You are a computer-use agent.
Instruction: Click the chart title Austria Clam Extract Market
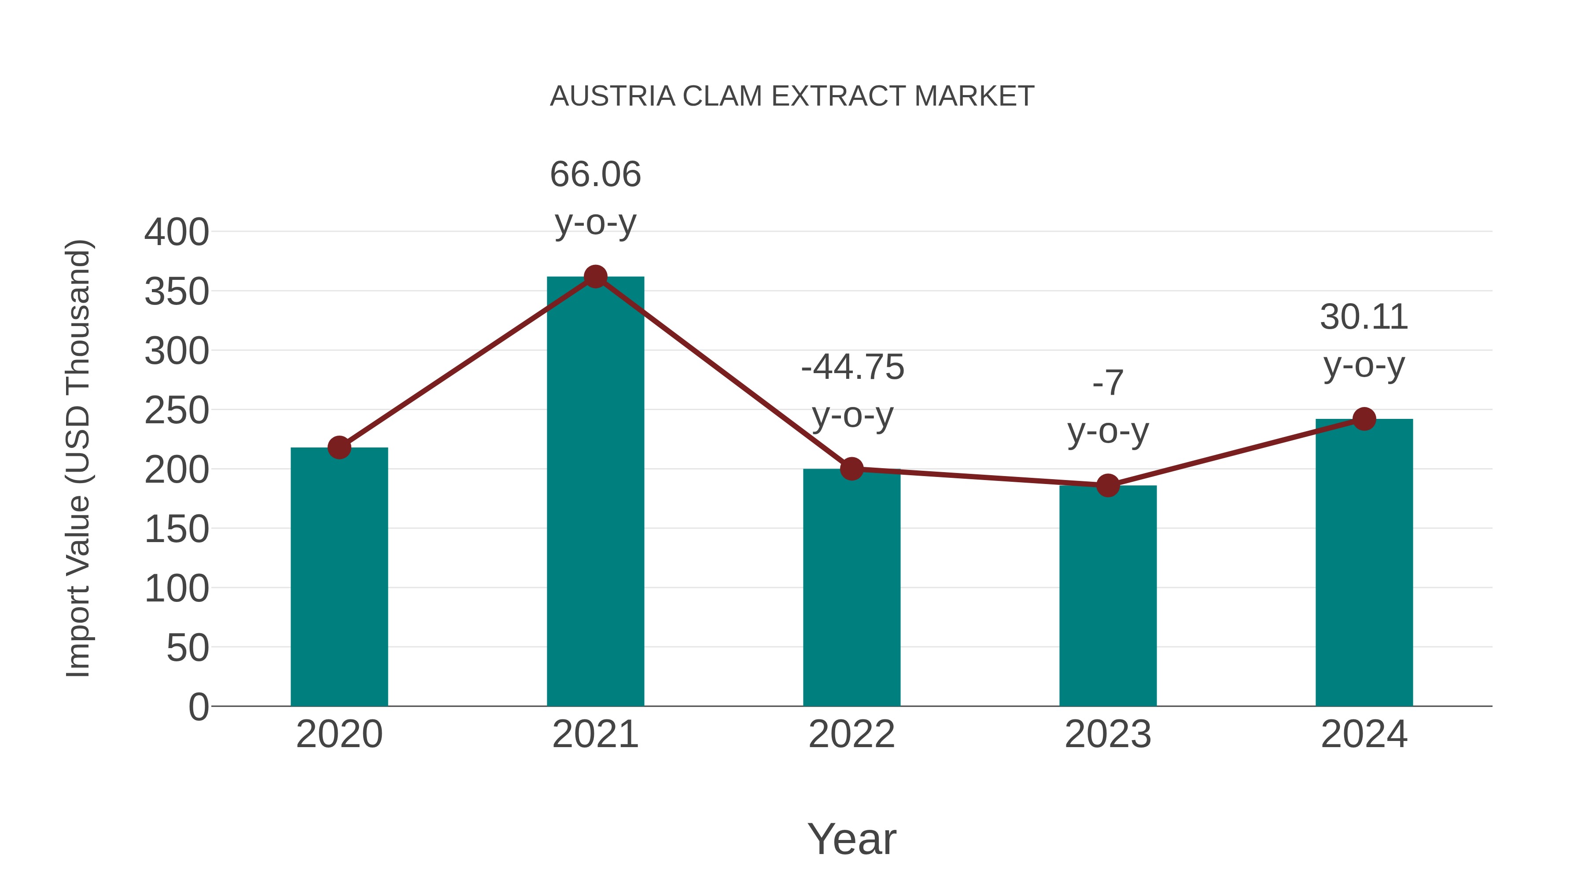pyautogui.click(x=791, y=96)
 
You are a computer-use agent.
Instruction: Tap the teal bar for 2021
pyautogui.click(x=595, y=492)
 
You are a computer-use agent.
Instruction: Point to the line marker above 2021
pyautogui.click(x=595, y=277)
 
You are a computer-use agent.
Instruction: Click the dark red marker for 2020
pyautogui.click(x=339, y=447)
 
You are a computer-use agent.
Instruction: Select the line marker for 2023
pyautogui.click(x=1108, y=485)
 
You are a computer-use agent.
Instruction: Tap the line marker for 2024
pyautogui.click(x=1364, y=419)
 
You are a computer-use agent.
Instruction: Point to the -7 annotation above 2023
pyautogui.click(x=1108, y=383)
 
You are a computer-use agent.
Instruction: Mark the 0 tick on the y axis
pyautogui.click(x=198, y=707)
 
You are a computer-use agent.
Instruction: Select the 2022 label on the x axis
pyautogui.click(x=851, y=734)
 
